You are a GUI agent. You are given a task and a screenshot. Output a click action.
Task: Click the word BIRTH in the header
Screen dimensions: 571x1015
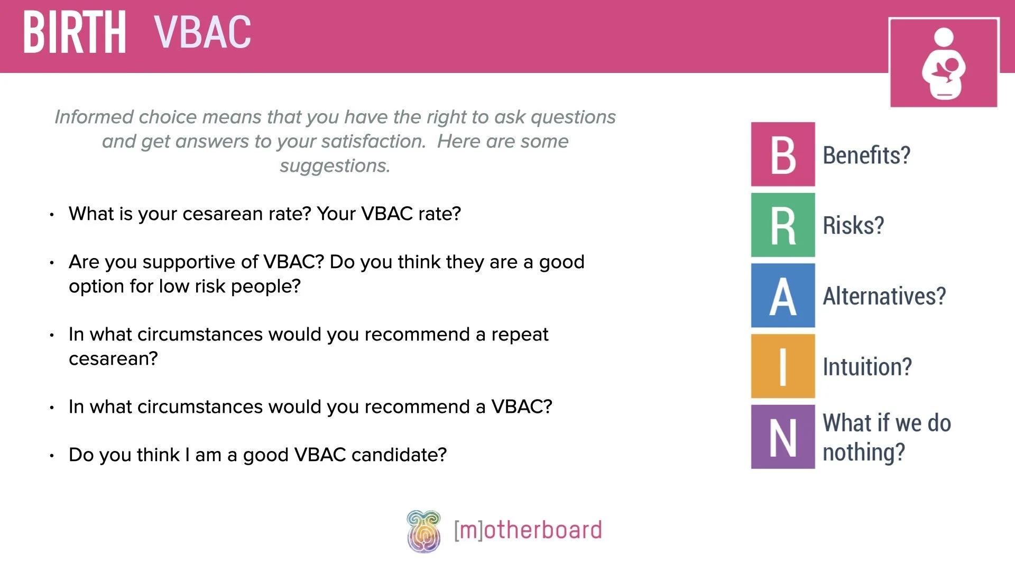coord(75,33)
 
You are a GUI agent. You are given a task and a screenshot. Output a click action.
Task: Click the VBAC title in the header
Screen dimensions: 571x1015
coord(202,33)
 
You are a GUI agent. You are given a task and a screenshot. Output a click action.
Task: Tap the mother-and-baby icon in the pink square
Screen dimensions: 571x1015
coord(944,63)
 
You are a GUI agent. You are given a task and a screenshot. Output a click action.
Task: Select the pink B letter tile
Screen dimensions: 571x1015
coord(783,154)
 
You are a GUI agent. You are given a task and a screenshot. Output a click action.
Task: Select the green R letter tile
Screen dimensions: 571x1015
coord(783,225)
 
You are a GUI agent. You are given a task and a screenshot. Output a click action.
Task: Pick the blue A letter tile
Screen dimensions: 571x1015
coord(783,296)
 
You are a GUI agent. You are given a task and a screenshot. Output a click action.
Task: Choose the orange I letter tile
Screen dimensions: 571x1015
coord(783,366)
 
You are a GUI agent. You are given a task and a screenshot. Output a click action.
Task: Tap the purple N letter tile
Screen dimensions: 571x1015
coord(783,437)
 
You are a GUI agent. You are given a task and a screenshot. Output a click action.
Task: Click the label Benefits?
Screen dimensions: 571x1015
coord(866,155)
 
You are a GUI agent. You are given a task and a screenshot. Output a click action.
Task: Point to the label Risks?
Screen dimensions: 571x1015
coord(853,226)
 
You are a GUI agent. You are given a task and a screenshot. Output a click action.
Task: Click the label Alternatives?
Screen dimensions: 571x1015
coord(884,296)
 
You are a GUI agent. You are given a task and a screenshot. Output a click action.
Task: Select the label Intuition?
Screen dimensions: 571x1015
coord(867,366)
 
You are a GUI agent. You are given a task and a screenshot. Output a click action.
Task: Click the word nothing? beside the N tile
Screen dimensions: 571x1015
coord(864,453)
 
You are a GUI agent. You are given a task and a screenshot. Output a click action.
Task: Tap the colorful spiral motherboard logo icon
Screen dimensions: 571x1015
coord(423,531)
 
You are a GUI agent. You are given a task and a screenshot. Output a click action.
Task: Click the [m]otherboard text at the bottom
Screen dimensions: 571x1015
coord(528,530)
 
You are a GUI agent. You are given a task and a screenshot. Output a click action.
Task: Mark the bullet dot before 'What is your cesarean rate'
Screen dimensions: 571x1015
coord(52,215)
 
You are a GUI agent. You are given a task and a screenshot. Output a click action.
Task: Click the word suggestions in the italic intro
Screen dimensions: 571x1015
coord(335,166)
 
